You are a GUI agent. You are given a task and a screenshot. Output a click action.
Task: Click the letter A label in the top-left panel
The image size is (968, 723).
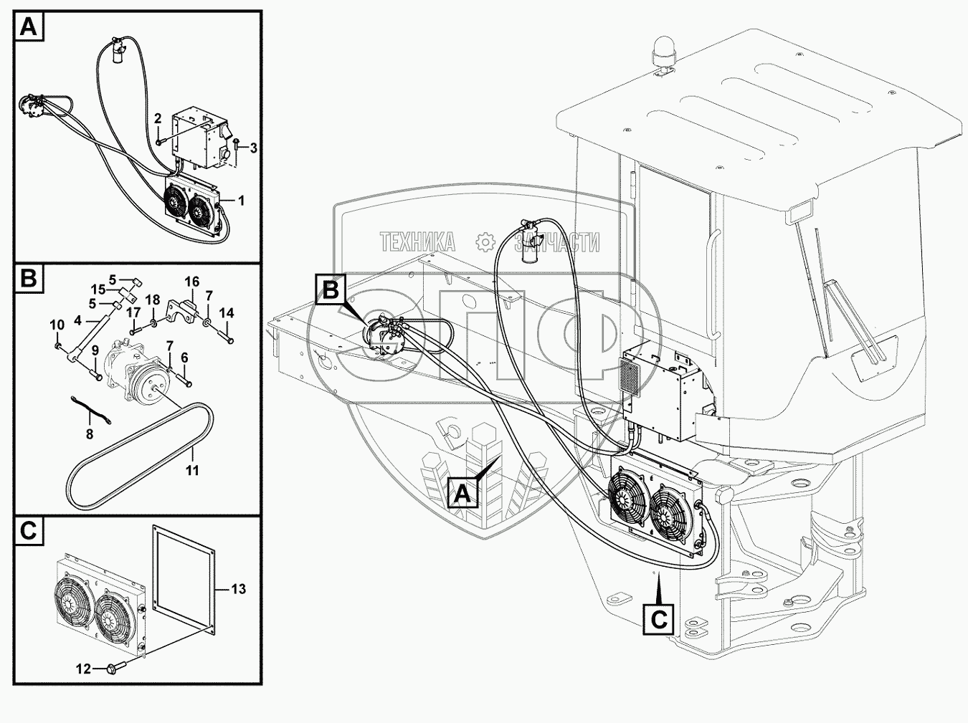tap(29, 27)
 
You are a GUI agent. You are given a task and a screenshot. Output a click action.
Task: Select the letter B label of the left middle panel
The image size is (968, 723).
tap(29, 279)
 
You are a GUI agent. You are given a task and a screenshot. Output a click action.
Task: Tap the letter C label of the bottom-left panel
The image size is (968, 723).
tap(29, 531)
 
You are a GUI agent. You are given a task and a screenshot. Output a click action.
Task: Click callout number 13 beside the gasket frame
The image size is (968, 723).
tap(239, 589)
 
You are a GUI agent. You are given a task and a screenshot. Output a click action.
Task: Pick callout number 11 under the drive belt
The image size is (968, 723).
tap(192, 471)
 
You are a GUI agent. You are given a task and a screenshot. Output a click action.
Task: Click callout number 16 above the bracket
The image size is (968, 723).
tap(192, 282)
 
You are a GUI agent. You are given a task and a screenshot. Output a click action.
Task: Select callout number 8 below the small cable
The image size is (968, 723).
tap(90, 434)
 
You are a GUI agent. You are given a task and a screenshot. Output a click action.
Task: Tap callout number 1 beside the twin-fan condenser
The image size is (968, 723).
tap(241, 201)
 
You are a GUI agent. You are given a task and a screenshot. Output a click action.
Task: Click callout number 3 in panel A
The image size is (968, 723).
tap(253, 148)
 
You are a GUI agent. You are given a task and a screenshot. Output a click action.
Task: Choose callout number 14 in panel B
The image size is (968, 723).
tap(227, 313)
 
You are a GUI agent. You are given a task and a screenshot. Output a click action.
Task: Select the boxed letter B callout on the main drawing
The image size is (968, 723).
tap(331, 290)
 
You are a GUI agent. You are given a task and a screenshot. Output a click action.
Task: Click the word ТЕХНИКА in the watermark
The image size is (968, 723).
tap(417, 242)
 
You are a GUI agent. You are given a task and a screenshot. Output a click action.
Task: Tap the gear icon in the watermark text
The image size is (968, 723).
tap(485, 242)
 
